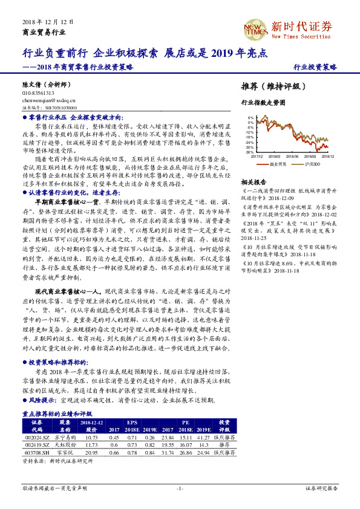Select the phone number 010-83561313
tap(38, 94)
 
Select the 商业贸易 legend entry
tap(278, 164)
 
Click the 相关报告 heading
tap(253, 182)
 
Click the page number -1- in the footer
tap(179, 488)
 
